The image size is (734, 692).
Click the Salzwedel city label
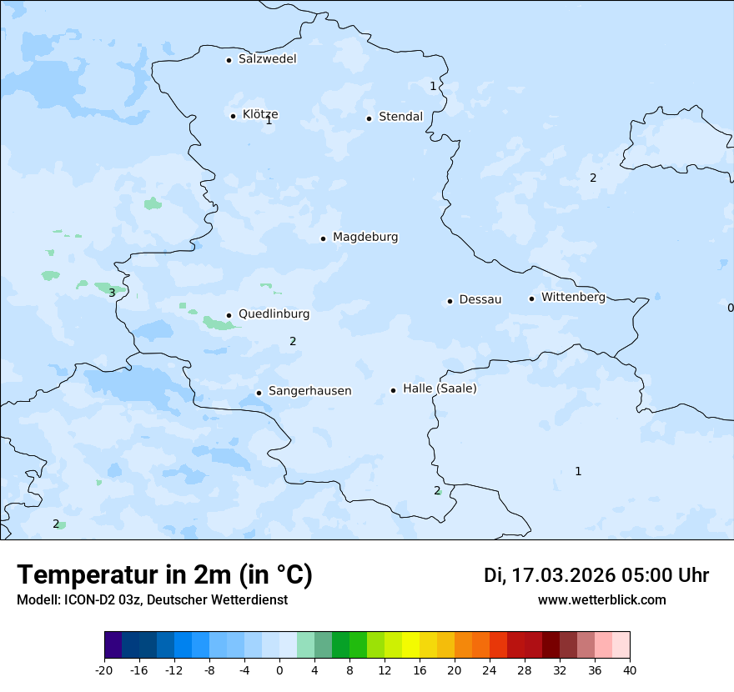pyautogui.click(x=267, y=59)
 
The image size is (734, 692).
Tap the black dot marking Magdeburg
pyautogui.click(x=323, y=238)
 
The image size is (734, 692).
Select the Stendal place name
pyautogui.click(x=400, y=117)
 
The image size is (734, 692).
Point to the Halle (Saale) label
pyautogui.click(x=440, y=389)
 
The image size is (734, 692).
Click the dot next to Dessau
pyautogui.click(x=450, y=301)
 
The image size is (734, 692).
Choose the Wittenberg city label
pyautogui.click(x=573, y=297)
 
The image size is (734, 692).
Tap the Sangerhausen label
pyautogui.click(x=309, y=391)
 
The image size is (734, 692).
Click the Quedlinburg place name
pyautogui.click(x=274, y=314)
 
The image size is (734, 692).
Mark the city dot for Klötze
pyautogui.click(x=233, y=116)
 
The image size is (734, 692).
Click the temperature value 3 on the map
pyautogui.click(x=112, y=293)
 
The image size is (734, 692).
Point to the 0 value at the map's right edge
pyautogui.click(x=730, y=308)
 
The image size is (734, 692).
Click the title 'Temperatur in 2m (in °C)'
pyautogui.click(x=164, y=575)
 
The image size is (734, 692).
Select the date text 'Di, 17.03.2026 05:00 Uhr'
pyautogui.click(x=596, y=575)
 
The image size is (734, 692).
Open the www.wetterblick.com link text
pyautogui.click(x=601, y=600)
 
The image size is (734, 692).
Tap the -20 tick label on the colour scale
pyautogui.click(x=104, y=670)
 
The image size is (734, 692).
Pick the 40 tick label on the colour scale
pyautogui.click(x=629, y=670)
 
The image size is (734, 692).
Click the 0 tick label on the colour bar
pyautogui.click(x=279, y=670)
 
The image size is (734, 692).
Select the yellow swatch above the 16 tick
pyautogui.click(x=410, y=645)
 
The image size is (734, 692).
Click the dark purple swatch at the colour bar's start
pyautogui.click(x=113, y=645)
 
